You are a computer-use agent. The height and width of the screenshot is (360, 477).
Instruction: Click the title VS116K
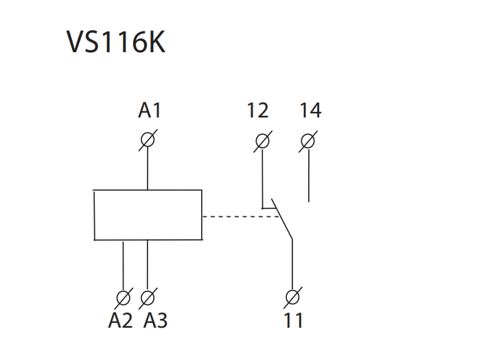coord(116,43)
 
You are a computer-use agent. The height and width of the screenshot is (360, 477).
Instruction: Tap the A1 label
coord(149,110)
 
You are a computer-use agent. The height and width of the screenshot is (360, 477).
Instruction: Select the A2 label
coord(120,321)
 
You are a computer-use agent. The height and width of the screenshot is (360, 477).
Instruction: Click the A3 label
coord(155,321)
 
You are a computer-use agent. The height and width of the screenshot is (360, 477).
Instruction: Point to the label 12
coord(257,110)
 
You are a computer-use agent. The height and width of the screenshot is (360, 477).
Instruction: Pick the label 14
coord(310,110)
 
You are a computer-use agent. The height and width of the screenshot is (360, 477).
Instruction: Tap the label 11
coord(293,321)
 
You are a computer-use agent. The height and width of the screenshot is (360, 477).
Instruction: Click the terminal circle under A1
coord(148,140)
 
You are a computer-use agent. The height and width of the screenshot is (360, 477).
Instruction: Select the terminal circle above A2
coord(124,298)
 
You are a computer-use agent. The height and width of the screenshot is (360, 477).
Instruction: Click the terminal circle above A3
coord(148,298)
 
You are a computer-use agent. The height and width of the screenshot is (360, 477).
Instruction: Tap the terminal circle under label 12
coord(262,141)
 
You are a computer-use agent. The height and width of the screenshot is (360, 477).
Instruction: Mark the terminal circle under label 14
coord(309,141)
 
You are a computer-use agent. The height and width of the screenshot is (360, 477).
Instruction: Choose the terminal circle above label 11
coord(292,298)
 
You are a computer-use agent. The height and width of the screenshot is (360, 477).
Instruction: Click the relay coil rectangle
coord(148,215)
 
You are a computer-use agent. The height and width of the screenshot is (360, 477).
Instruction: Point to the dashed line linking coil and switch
coord(240,216)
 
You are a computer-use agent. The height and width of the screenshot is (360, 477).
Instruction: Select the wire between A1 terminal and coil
coord(148,168)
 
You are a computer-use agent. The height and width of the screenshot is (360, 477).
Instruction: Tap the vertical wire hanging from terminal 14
coord(309,175)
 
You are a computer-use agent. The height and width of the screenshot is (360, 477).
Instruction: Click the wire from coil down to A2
coord(124,265)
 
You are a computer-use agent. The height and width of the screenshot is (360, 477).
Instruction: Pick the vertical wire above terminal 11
coord(292,265)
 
